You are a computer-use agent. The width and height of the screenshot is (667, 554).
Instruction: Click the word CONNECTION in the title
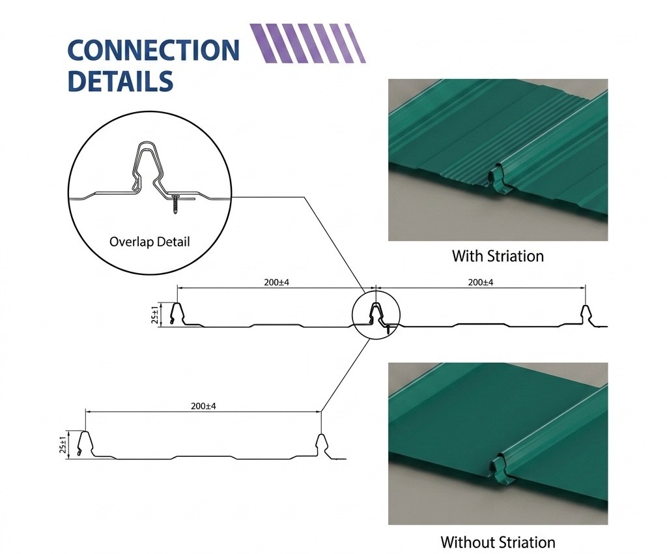coord(154,50)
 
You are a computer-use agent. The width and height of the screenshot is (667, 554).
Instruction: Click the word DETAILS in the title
coord(121,81)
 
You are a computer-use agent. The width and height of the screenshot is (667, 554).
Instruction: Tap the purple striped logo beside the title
coord(307,44)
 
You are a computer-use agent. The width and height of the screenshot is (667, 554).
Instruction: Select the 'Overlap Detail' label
coord(149,242)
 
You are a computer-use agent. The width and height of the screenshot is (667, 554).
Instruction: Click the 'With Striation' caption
coord(498,256)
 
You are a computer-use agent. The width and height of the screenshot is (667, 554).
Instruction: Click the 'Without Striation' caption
coord(498,542)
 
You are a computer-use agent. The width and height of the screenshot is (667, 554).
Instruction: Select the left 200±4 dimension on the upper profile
coord(276,282)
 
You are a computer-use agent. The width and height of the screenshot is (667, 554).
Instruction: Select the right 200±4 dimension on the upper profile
coord(481,282)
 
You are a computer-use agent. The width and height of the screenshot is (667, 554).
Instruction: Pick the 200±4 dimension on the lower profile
coord(203,406)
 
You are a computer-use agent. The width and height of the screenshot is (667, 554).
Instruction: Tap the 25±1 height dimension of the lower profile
coord(63,445)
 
